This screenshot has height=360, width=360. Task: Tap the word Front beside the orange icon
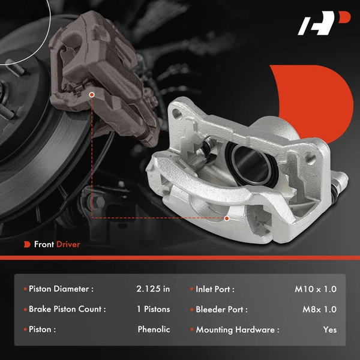(x=44, y=244)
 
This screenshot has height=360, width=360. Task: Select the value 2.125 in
(x=153, y=289)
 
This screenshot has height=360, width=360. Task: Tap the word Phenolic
(x=154, y=329)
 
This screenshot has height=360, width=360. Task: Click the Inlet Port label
(x=215, y=289)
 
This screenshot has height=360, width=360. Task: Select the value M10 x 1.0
(x=316, y=289)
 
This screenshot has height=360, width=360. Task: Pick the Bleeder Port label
(x=221, y=309)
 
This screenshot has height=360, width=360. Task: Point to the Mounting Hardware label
(x=238, y=329)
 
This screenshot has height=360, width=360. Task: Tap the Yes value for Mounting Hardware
(x=329, y=329)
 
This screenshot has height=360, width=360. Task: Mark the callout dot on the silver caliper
(x=227, y=218)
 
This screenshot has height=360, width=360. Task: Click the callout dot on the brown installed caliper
(x=92, y=94)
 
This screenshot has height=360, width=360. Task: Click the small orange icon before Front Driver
(x=27, y=244)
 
